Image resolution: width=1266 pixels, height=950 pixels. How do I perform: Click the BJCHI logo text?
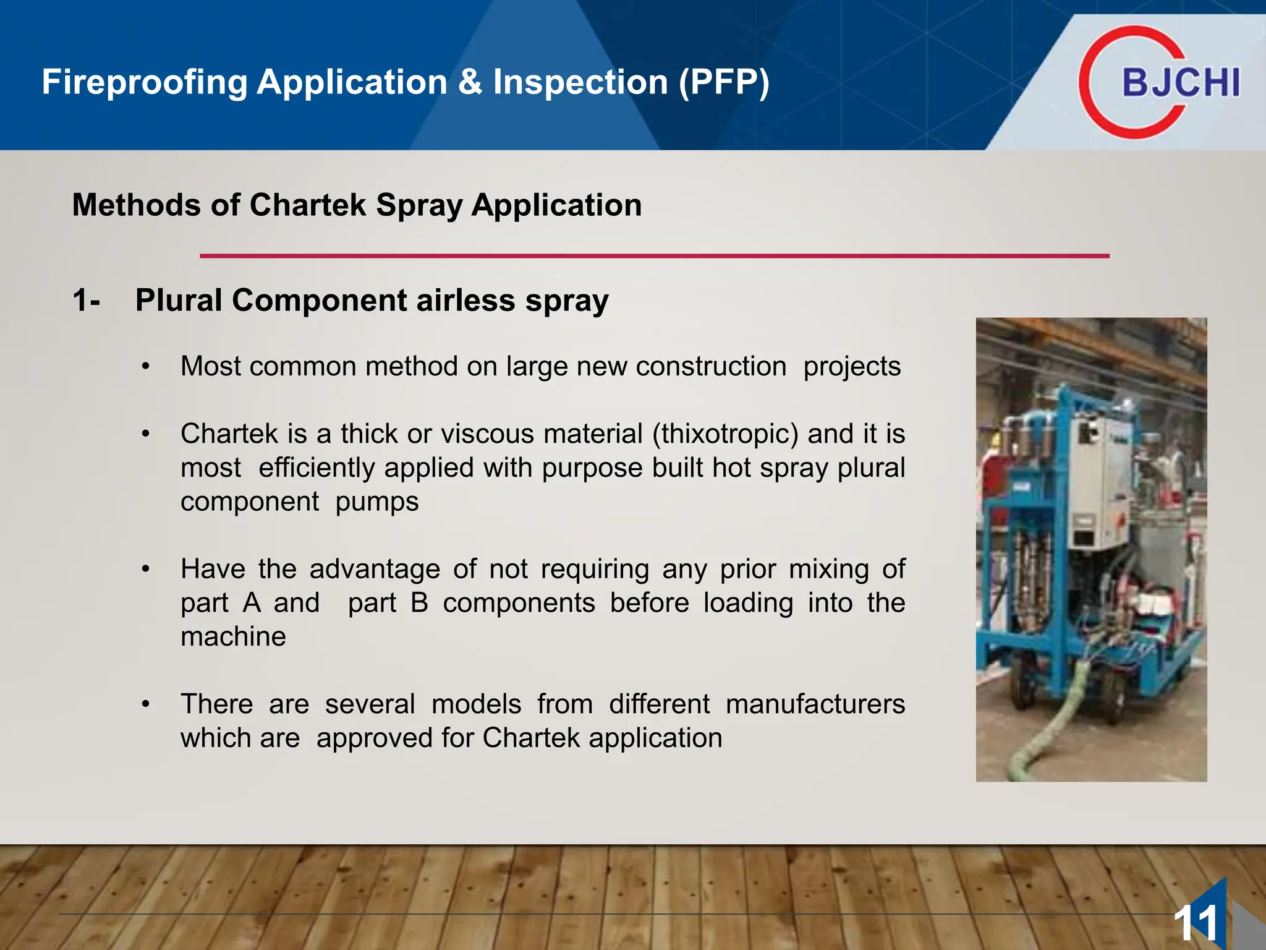(x=1181, y=83)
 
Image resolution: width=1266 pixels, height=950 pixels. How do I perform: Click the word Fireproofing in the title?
(x=145, y=82)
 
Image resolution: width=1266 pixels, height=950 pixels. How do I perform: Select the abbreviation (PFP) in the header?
(x=724, y=82)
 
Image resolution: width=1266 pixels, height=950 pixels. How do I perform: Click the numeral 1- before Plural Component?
(x=86, y=301)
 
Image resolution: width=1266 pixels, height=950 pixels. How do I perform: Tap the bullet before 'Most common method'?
(x=145, y=367)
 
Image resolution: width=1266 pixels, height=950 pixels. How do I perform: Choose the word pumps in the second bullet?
(x=377, y=502)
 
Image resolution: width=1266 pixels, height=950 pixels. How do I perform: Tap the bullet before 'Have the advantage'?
(x=145, y=569)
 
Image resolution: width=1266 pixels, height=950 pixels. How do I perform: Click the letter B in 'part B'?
(x=419, y=603)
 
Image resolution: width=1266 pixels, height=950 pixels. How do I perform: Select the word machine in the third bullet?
(x=233, y=636)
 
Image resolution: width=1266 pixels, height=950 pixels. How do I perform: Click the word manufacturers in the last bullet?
(x=815, y=704)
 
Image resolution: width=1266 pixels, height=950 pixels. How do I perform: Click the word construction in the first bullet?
(x=711, y=367)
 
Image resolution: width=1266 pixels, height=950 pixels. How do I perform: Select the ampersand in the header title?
(x=470, y=82)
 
